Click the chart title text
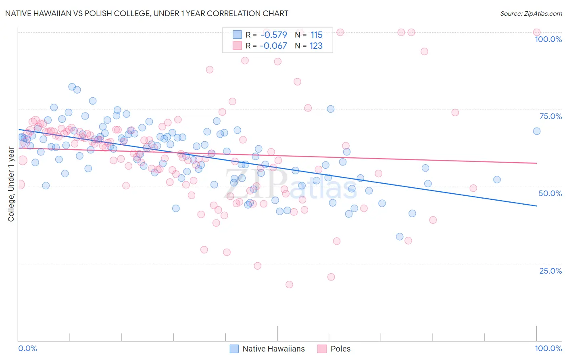(x=147, y=13)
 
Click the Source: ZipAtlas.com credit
(x=531, y=13)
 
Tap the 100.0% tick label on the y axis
(x=548, y=39)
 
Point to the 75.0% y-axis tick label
(x=550, y=116)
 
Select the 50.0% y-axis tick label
(x=550, y=193)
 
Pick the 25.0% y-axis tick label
(x=550, y=271)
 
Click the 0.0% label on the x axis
(x=27, y=348)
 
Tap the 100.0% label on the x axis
(x=548, y=348)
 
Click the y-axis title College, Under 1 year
(x=11, y=184)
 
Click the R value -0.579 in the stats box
(x=273, y=35)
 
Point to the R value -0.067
(x=273, y=46)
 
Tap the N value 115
(x=316, y=35)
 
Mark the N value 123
(x=316, y=46)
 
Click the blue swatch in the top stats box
(x=237, y=35)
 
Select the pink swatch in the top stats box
(x=237, y=46)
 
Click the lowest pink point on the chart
(x=289, y=285)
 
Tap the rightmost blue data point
(x=537, y=131)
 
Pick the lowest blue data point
(x=400, y=237)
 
